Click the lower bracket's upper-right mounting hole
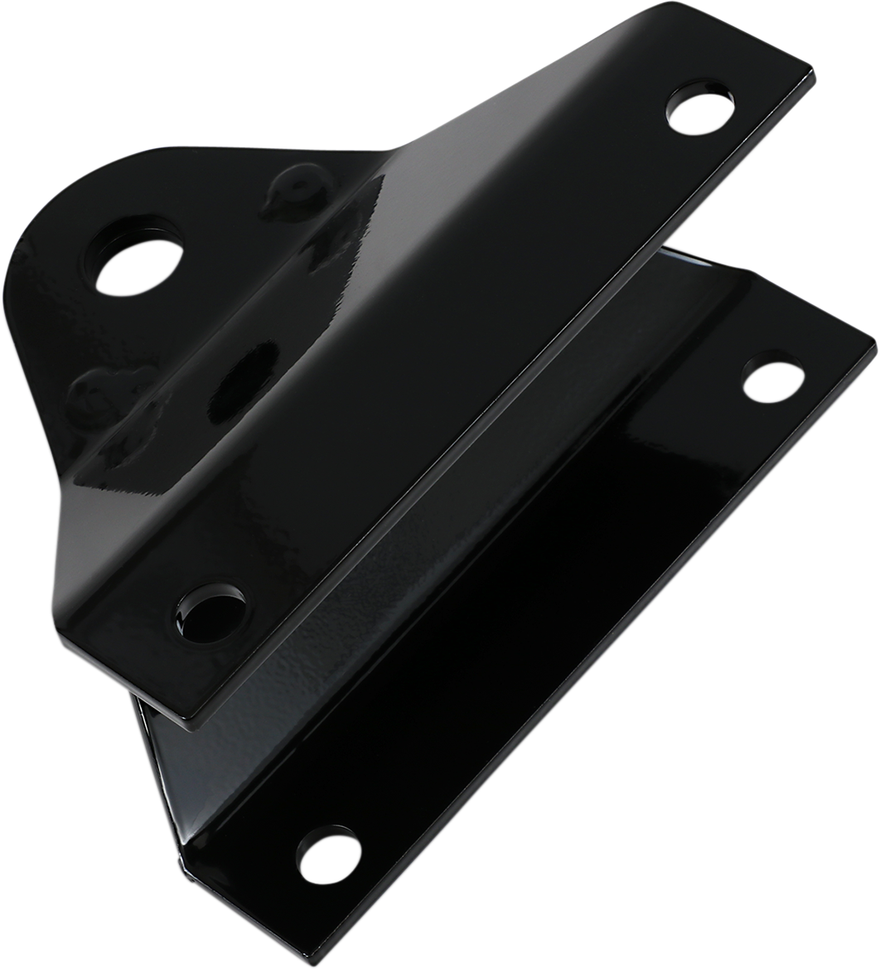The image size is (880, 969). point(774,380)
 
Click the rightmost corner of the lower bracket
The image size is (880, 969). point(873,338)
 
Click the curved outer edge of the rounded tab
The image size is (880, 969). point(33,249)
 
